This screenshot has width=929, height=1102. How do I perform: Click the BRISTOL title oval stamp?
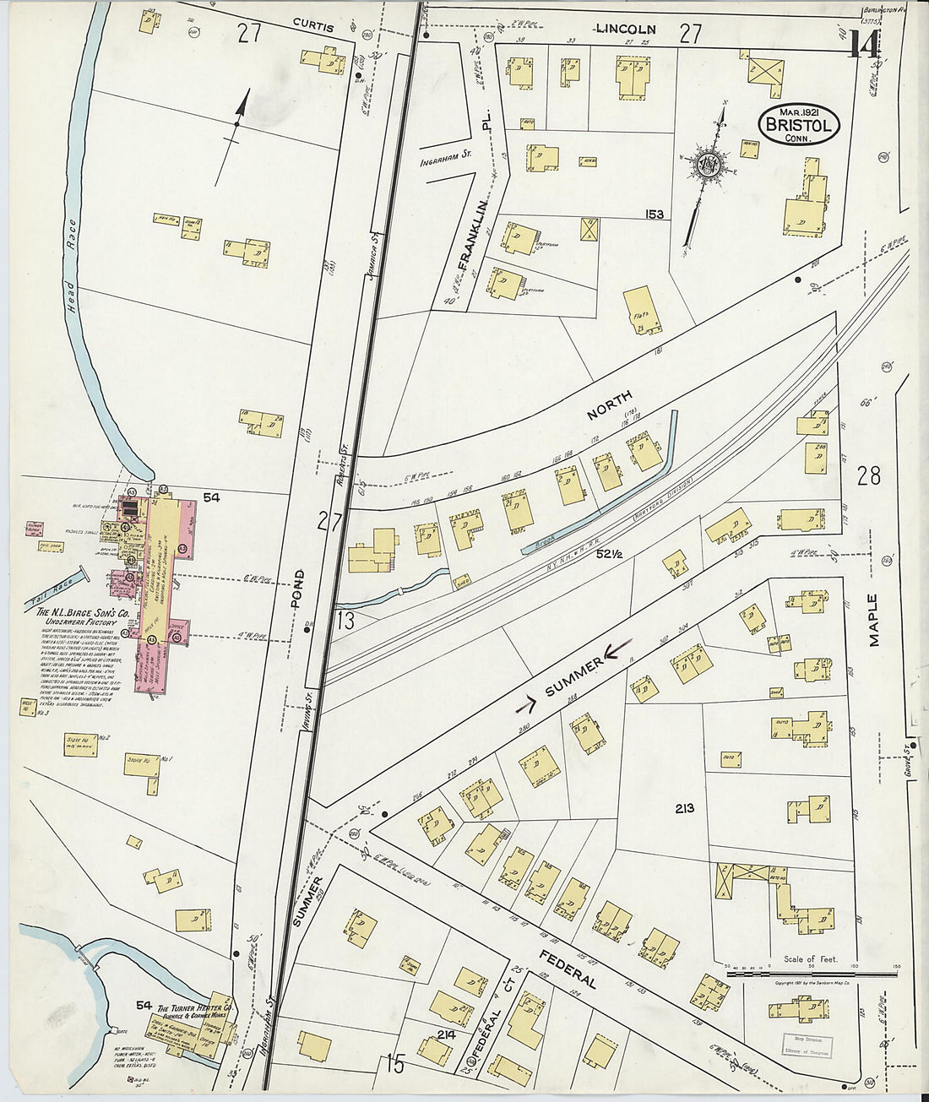click(799, 125)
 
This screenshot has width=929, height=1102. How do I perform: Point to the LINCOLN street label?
click(626, 29)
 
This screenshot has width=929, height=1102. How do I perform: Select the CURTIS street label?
click(313, 27)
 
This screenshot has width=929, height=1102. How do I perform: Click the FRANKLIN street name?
click(474, 234)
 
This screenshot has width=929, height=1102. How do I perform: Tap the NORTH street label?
click(608, 404)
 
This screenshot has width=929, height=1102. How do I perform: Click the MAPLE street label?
click(874, 620)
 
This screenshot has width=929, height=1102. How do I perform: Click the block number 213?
click(684, 808)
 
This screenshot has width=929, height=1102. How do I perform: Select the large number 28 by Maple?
click(868, 476)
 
